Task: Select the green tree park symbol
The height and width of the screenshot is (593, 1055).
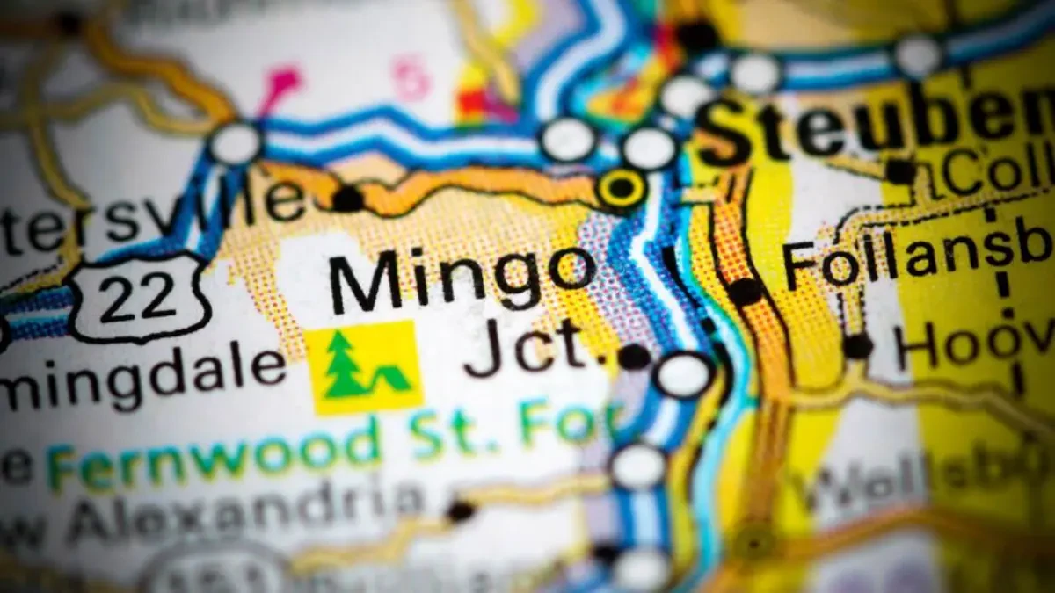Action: click(364, 367)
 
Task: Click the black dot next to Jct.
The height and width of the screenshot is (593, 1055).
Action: click(634, 356)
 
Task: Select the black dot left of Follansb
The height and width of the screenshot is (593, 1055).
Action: click(746, 292)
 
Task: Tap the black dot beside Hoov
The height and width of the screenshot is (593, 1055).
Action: click(857, 345)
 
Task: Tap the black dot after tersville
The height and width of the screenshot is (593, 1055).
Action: click(348, 199)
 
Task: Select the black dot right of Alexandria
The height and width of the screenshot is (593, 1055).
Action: click(459, 510)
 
